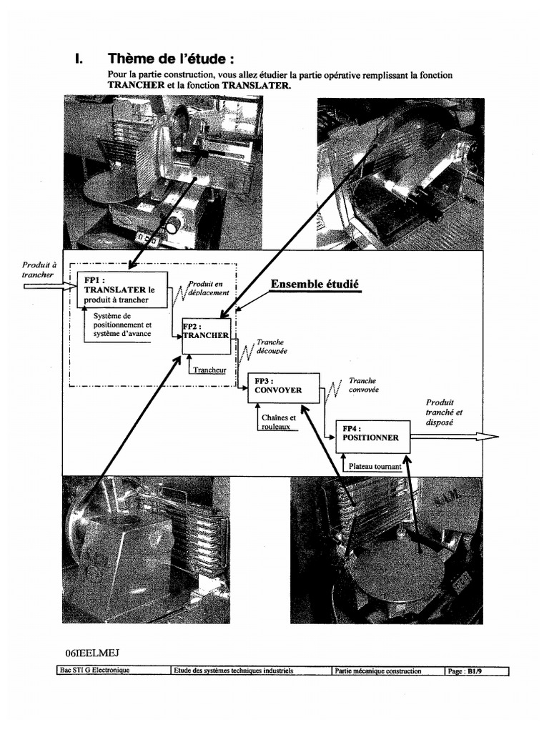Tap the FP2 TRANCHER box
tap(206, 335)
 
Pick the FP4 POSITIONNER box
tap(373, 437)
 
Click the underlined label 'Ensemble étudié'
tap(315, 285)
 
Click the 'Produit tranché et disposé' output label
tap(445, 412)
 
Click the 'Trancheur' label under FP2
tap(209, 370)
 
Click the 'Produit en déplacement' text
tap(209, 288)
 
